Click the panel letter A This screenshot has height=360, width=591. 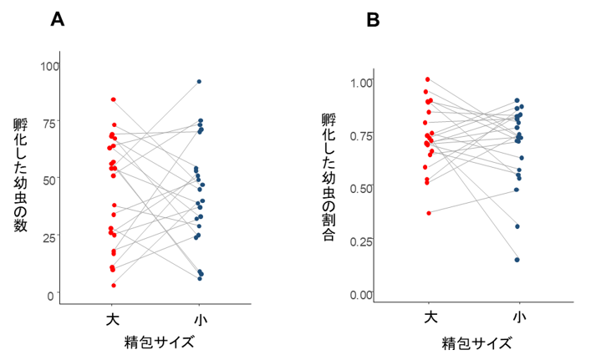(x=58, y=20)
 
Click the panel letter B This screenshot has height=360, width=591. (x=373, y=20)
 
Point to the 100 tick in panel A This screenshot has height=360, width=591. (x=50, y=66)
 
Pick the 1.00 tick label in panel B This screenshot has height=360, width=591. (x=362, y=83)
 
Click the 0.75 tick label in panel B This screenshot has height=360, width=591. (x=362, y=136)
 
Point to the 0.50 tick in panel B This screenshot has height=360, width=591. (x=362, y=189)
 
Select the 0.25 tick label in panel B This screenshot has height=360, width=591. (x=362, y=242)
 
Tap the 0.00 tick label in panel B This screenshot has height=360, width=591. (x=362, y=295)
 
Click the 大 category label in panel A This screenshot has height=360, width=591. (x=114, y=320)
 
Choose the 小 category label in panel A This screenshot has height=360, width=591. (x=200, y=320)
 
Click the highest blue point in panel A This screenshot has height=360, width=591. (x=199, y=81)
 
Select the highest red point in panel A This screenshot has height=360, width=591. (x=114, y=99)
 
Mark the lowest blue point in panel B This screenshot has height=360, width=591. (x=517, y=260)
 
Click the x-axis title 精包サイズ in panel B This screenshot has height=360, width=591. (x=476, y=342)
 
